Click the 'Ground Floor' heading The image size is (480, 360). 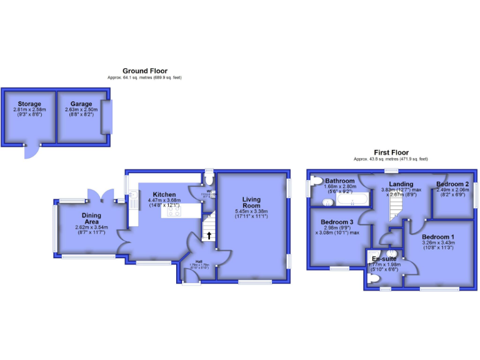[144, 71]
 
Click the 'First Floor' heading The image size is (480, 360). [391, 152]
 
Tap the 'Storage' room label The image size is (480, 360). [29, 104]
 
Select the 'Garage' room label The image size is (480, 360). [81, 104]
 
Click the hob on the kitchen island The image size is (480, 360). [174, 212]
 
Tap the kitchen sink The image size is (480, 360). [132, 201]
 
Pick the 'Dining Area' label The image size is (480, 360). [91, 219]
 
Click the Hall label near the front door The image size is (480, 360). [199, 261]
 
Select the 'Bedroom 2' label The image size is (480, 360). [452, 184]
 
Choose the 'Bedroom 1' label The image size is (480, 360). [438, 237]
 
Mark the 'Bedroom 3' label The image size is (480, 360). [337, 222]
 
